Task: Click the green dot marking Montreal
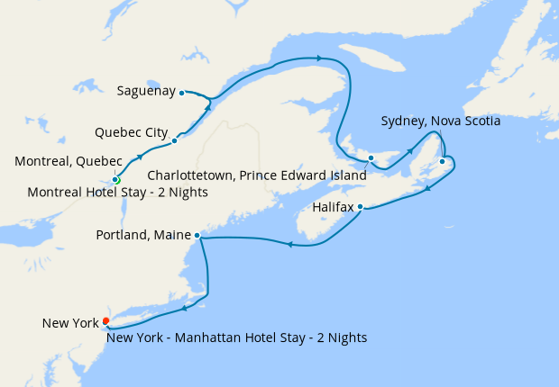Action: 116,180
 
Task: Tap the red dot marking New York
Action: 105,320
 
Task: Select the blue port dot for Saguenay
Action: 181,93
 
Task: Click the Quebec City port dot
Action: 174,140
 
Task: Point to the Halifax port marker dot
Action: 360,207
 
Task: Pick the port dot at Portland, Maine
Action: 197,236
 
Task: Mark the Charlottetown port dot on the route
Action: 371,158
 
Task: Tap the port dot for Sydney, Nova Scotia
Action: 442,162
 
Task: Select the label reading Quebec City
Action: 132,132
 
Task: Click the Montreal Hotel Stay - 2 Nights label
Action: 118,193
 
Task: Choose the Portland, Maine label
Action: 143,236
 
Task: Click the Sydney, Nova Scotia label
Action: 441,120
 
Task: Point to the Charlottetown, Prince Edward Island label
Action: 257,175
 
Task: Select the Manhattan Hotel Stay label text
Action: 236,337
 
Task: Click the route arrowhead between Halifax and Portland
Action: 290,244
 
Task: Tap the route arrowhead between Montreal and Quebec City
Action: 140,157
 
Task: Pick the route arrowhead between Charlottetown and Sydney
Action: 411,150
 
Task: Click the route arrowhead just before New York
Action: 183,309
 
